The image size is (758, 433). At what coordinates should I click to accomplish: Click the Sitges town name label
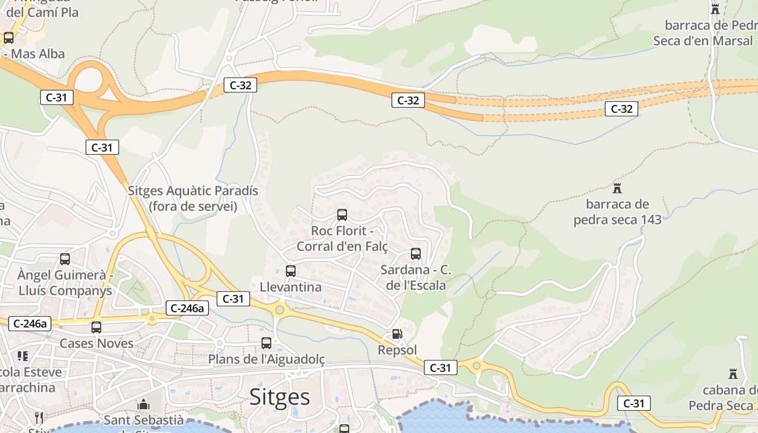point(279,397)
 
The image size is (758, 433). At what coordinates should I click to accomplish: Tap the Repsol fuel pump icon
point(397,334)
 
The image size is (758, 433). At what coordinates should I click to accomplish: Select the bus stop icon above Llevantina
point(291,271)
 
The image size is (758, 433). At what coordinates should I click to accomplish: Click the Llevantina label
point(291,287)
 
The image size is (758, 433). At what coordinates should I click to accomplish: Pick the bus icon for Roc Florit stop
point(342,215)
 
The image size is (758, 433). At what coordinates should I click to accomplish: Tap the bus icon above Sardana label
point(416,254)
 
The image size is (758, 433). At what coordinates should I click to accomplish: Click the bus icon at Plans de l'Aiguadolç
point(266,343)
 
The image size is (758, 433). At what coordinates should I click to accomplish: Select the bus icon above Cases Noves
point(96,327)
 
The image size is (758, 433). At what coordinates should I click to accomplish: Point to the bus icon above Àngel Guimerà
point(65,259)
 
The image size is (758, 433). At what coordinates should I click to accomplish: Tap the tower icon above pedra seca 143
point(617,188)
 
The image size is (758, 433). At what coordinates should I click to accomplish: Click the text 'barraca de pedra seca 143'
point(617,212)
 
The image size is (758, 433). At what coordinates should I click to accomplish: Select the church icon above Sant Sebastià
point(143,404)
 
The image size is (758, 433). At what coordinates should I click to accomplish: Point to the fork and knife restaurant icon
point(38,417)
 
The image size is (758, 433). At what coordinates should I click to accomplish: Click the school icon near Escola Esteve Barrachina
point(23,356)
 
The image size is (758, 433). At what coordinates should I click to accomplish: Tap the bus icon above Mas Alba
point(9,38)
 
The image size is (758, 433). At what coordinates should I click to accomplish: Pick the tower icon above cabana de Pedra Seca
point(733,374)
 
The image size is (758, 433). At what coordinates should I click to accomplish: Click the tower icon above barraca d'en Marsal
point(715,9)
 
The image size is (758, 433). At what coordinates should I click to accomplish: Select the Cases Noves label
point(96,343)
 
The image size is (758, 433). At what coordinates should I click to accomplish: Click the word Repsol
point(397,350)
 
